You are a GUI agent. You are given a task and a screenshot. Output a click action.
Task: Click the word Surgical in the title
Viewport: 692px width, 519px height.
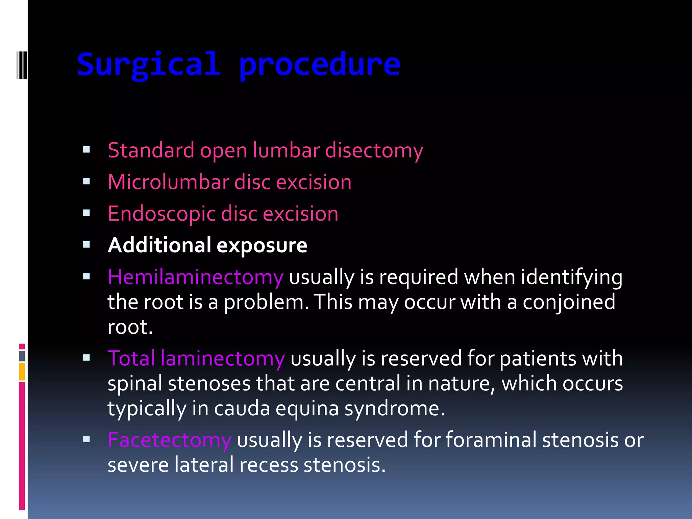149,65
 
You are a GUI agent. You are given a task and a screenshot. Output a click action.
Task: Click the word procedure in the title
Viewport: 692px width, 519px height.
319,65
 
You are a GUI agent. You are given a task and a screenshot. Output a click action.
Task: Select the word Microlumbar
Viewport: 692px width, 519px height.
168,182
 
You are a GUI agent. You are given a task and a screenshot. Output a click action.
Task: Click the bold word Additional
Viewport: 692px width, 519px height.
159,245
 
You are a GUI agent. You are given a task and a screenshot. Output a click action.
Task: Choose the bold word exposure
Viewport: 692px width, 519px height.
262,246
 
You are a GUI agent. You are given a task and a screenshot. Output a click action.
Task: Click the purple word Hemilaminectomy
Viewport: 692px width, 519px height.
195,277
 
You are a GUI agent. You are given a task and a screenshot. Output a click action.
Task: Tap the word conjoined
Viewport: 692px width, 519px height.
569,302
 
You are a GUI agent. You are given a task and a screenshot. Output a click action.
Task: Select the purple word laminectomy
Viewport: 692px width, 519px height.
223,359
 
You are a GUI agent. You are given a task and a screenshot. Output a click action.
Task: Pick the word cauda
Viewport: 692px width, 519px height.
242,409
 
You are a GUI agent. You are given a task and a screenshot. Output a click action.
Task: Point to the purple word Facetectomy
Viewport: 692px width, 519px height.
169,440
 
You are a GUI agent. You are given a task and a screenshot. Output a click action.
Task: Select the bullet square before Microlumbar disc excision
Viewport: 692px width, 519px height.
86,181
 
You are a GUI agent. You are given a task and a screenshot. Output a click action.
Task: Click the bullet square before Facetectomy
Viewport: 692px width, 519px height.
86,439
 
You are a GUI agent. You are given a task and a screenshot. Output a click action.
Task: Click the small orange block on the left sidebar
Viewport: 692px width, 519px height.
22,372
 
